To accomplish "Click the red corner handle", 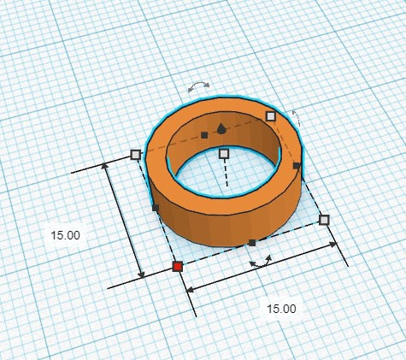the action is (x=178, y=267).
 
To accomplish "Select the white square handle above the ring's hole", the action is (x=224, y=154).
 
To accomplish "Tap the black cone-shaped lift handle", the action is (x=221, y=129).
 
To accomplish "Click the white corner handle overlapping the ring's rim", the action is (x=271, y=116).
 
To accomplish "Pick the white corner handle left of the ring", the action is (x=136, y=155).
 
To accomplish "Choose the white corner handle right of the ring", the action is (x=324, y=220).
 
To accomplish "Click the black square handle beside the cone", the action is (x=204, y=135).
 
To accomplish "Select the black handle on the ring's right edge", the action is (x=297, y=166).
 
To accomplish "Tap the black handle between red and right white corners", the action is (x=252, y=243).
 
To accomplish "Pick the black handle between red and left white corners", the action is (x=156, y=208).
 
